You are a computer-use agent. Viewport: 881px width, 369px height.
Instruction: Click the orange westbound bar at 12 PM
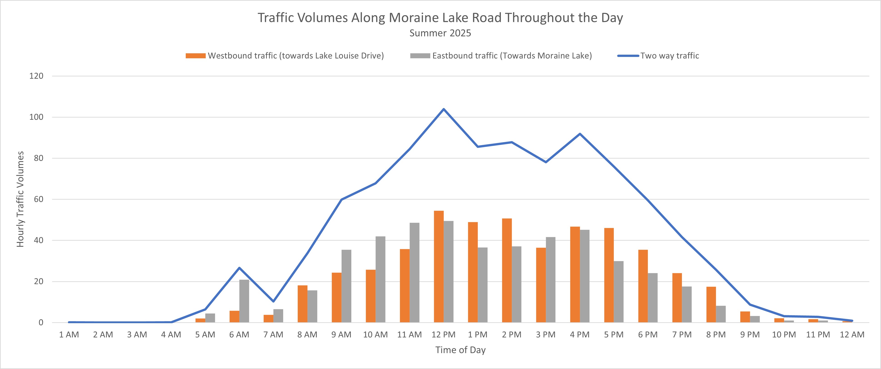click(x=438, y=266)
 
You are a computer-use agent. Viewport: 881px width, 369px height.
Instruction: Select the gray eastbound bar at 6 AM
click(x=244, y=301)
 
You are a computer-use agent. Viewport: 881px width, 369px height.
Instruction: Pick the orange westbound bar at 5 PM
click(x=609, y=275)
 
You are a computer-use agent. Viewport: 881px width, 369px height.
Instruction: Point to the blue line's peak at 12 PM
click(x=444, y=109)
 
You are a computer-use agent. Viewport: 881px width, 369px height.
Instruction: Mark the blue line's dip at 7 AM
click(x=273, y=301)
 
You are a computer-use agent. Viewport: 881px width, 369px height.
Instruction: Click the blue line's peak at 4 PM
click(x=580, y=134)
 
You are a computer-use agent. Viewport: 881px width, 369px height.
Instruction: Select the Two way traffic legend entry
click(x=669, y=56)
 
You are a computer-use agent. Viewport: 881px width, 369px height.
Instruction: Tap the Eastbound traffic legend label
click(x=512, y=56)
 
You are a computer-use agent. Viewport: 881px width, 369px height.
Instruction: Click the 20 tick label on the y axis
click(x=39, y=281)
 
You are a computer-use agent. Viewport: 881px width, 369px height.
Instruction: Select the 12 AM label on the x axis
click(x=852, y=335)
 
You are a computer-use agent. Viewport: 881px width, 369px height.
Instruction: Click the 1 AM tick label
click(x=69, y=335)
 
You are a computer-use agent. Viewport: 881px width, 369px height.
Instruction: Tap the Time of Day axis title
click(x=460, y=350)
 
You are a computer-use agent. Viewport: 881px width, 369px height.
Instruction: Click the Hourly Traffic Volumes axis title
click(x=20, y=199)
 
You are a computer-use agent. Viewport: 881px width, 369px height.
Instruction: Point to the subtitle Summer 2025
click(x=440, y=33)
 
